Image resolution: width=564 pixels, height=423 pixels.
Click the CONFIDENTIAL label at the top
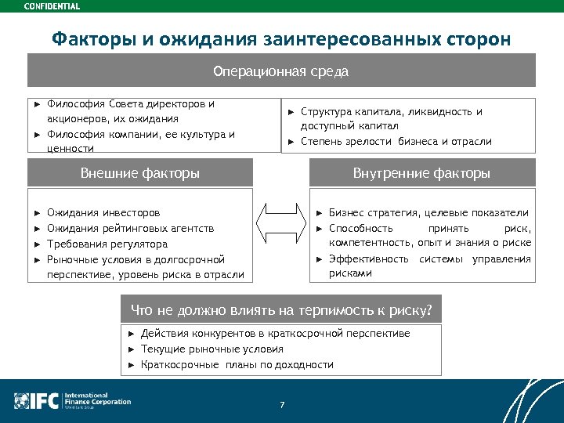pyautogui.click(x=51, y=6)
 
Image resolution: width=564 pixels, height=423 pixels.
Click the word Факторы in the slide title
pyautogui.click(x=87, y=38)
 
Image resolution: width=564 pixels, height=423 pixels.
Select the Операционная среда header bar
pyautogui.click(x=281, y=71)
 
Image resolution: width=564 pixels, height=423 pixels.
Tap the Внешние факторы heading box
pyautogui.click(x=140, y=173)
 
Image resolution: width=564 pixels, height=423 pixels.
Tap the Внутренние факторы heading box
pyautogui.click(x=421, y=173)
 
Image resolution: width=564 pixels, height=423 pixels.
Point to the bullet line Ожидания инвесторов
pyautogui.click(x=103, y=212)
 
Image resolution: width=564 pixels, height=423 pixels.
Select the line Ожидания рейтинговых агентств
pyautogui.click(x=130, y=228)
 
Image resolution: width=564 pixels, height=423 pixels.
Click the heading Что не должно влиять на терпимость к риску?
pyautogui.click(x=281, y=311)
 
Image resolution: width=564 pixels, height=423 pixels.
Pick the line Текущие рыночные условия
pyautogui.click(x=211, y=349)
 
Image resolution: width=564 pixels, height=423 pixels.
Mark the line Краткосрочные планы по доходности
pyautogui.click(x=237, y=365)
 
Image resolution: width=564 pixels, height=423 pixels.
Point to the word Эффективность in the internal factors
pyautogui.click(x=368, y=258)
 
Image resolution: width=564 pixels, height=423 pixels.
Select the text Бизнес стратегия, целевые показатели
pyautogui.click(x=428, y=212)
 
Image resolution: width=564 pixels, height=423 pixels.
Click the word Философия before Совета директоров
pyautogui.click(x=76, y=103)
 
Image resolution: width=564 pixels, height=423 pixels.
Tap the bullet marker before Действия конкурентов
pyautogui.click(x=132, y=334)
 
